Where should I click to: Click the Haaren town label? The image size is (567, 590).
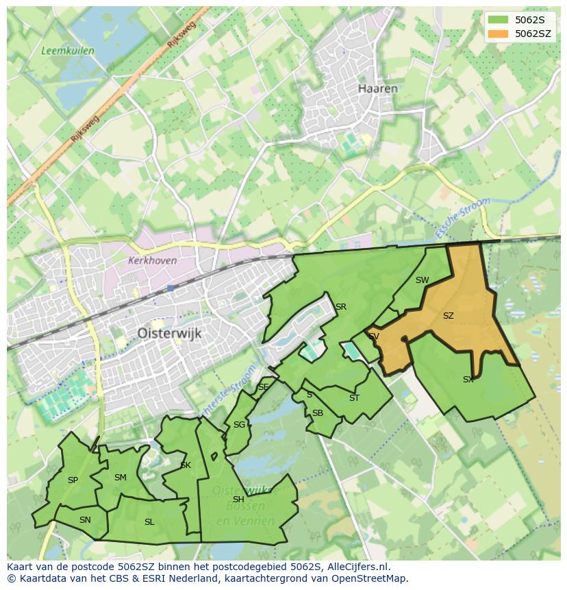tap(378, 88)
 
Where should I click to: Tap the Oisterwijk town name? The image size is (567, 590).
tap(168, 333)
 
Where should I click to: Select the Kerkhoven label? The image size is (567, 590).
tap(152, 260)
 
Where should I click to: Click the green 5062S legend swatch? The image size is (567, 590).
tap(499, 20)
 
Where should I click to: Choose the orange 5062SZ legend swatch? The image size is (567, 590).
tap(499, 34)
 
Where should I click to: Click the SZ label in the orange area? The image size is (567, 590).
tap(449, 316)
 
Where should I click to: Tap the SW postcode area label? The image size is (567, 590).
tap(422, 280)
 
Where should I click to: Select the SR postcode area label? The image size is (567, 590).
tap(340, 307)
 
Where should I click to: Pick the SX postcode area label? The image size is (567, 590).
tap(468, 379)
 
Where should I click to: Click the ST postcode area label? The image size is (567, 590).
tap(354, 398)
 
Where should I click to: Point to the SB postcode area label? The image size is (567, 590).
tap(317, 413)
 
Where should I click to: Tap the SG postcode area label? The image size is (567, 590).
tap(238, 425)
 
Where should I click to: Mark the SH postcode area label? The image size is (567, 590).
tap(238, 500)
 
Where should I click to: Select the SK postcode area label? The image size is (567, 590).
tap(186, 465)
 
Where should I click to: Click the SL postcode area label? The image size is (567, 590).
tap(149, 522)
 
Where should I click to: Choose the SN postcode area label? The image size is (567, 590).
tap(85, 520)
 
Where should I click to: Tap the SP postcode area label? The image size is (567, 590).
tap(73, 480)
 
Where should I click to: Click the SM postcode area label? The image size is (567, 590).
tap(121, 478)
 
